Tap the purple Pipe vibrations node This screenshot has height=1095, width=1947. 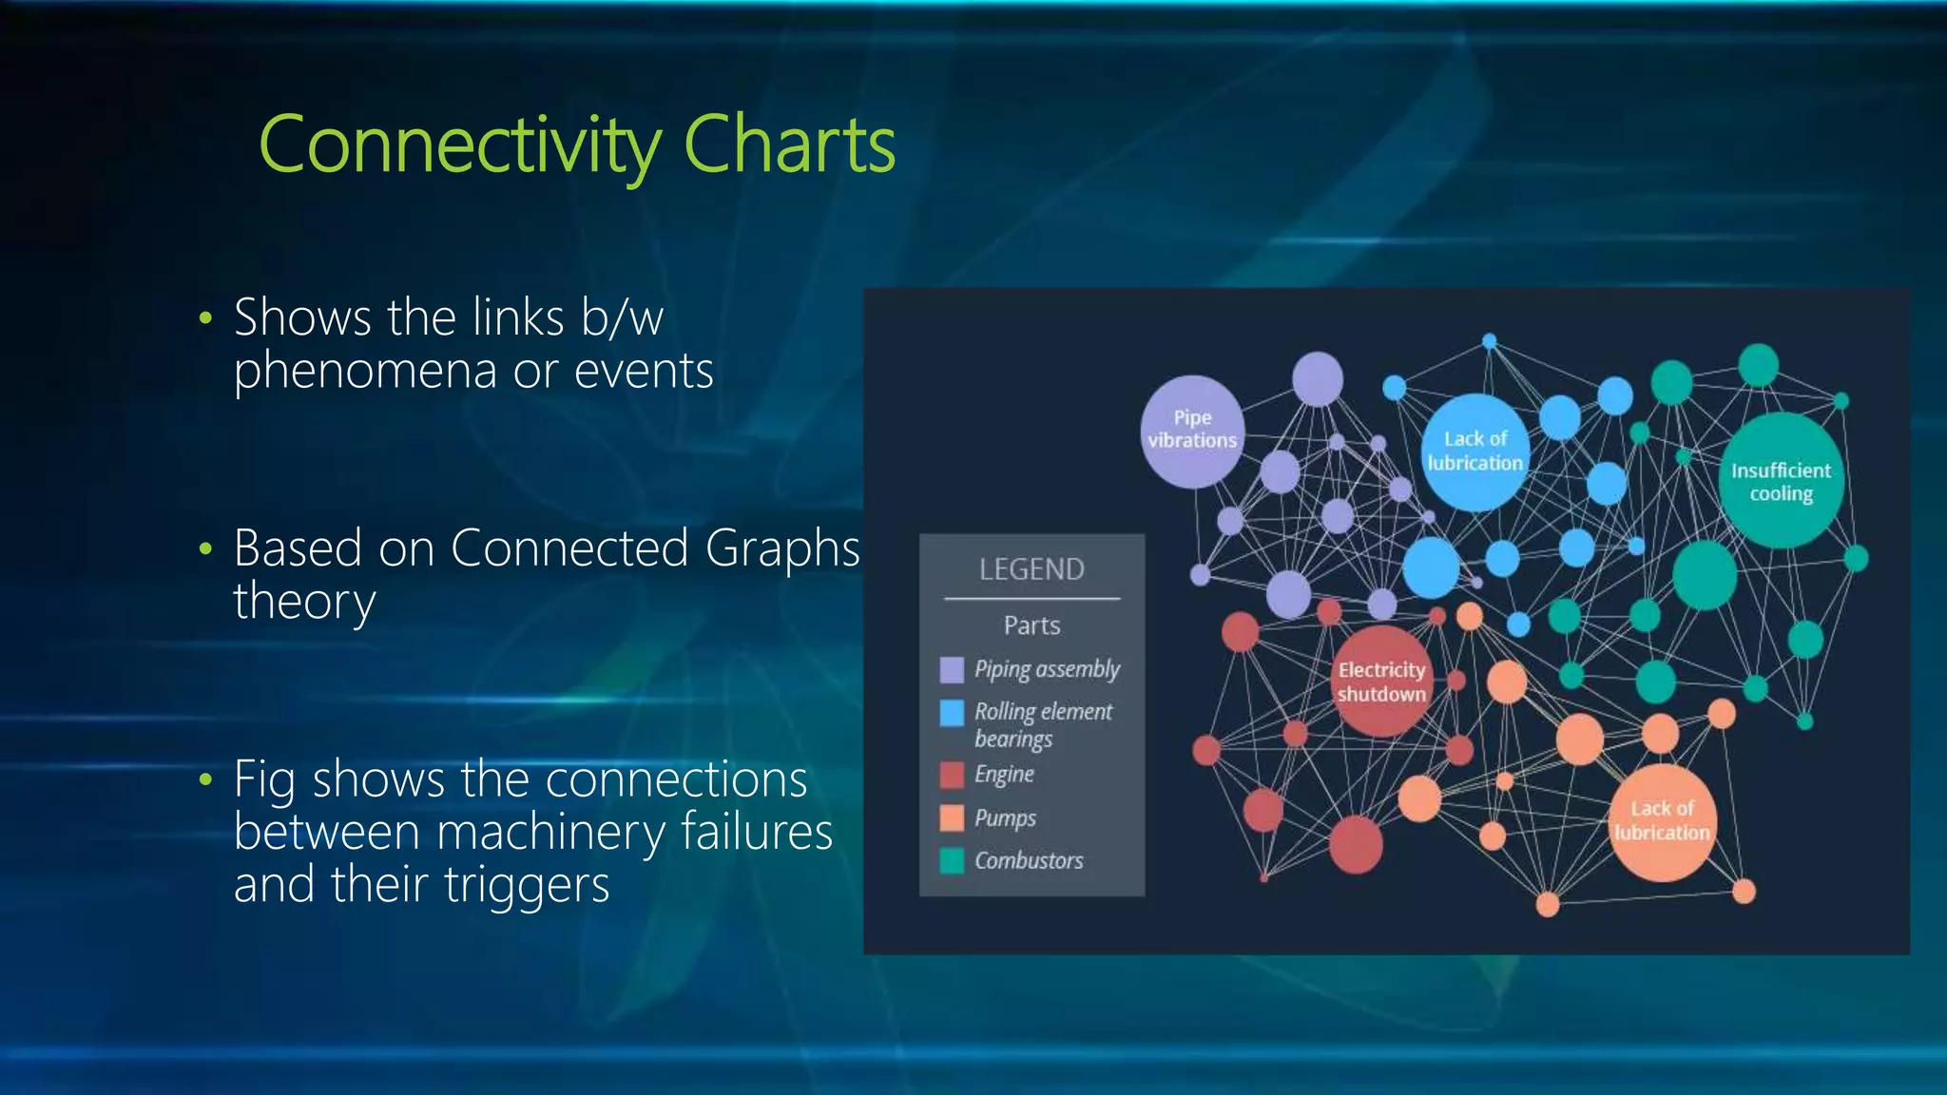(1192, 430)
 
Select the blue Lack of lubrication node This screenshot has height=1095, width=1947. (1475, 451)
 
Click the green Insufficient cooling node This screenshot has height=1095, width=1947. (1781, 482)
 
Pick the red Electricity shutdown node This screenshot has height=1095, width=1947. (1381, 682)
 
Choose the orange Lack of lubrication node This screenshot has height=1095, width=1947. (1662, 821)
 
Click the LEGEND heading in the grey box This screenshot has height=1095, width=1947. (1031, 569)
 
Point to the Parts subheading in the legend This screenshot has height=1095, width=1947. (1031, 625)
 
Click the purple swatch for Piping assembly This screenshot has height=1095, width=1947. (952, 670)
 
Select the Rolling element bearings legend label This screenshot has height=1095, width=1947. (1043, 724)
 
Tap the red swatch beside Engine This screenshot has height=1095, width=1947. (952, 775)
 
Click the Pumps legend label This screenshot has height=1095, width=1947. (1005, 817)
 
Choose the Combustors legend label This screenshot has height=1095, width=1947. (1029, 860)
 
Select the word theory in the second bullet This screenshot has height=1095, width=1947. (304, 602)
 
